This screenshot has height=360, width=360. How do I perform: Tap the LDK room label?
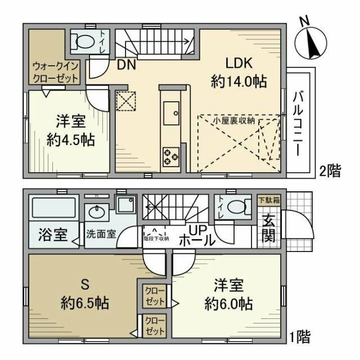[x=238, y=63]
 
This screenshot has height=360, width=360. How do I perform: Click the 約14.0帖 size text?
[x=238, y=81]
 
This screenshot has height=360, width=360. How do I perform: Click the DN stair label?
[x=125, y=64]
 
